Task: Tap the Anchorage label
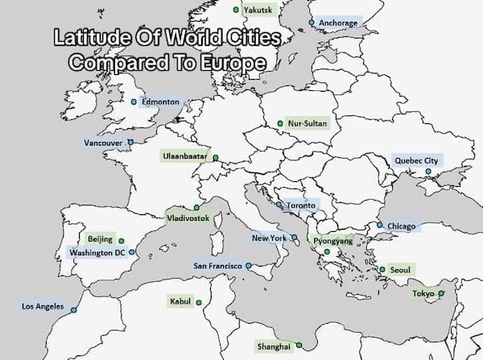[x=337, y=23]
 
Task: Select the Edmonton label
[x=161, y=102]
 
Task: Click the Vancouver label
[x=103, y=143]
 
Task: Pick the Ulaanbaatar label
[x=184, y=154]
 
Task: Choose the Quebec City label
[x=416, y=160]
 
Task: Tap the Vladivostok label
[x=188, y=218]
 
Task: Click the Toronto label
[x=302, y=206]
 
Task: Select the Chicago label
[x=401, y=226]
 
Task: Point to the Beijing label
[x=100, y=240]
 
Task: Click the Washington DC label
[x=97, y=253]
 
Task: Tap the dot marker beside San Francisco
[x=249, y=265]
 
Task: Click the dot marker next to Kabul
[x=198, y=302]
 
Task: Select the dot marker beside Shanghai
[x=299, y=345]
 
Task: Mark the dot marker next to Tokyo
[x=440, y=293]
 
